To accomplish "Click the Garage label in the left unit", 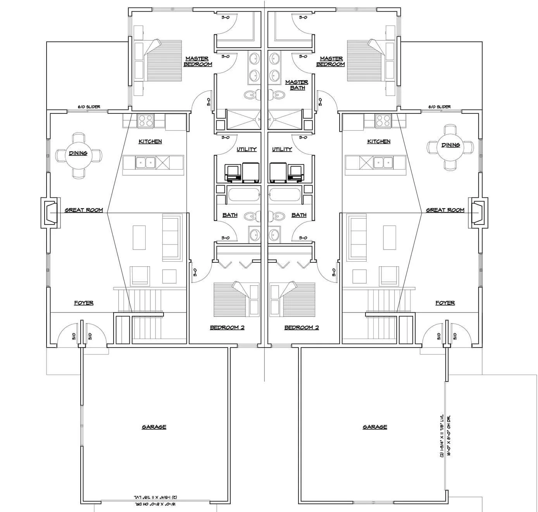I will [154, 427].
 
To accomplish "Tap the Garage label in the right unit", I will [375, 427].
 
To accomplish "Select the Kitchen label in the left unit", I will [150, 142].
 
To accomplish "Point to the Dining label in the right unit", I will [450, 145].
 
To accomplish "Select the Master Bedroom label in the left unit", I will [198, 62].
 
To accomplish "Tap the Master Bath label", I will [297, 85].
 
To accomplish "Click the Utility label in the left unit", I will [247, 149].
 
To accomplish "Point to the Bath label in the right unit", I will [299, 215].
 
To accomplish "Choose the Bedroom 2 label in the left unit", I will [227, 327].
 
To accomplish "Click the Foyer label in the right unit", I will [445, 303].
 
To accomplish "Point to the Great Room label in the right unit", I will [445, 210].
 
